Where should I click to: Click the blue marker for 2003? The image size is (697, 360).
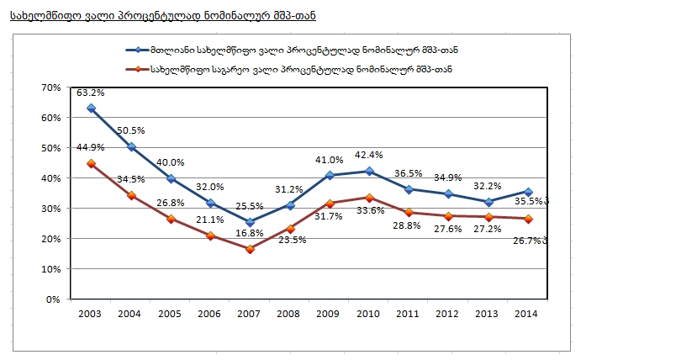click(91, 109)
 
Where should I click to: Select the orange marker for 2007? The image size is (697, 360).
click(250, 249)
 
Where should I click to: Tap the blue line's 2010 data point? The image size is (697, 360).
click(369, 172)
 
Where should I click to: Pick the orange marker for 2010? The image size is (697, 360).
click(369, 198)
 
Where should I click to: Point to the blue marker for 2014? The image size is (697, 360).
click(528, 192)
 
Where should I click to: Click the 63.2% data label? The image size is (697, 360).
click(90, 93)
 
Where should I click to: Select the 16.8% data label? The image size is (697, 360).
click(250, 233)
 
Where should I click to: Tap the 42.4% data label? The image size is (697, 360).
click(369, 155)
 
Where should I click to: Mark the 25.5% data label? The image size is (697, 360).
click(250, 206)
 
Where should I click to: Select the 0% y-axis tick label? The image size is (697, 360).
click(54, 299)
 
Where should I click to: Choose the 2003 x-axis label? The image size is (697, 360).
click(90, 313)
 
